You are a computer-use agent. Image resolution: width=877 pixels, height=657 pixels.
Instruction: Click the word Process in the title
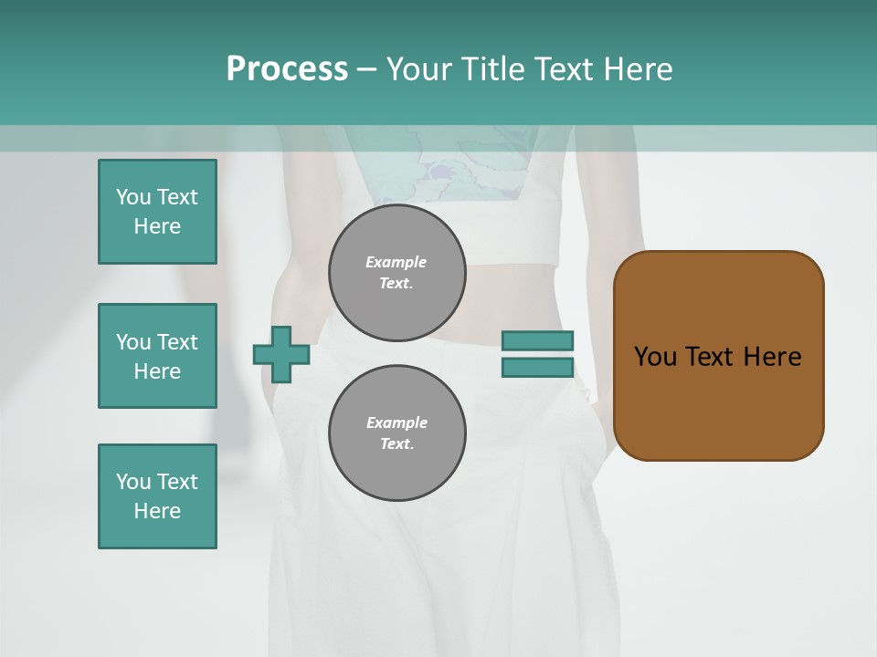coord(287,69)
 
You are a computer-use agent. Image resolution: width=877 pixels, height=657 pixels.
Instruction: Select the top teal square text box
coord(157,212)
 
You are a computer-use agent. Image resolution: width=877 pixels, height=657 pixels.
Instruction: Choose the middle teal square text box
coord(157,356)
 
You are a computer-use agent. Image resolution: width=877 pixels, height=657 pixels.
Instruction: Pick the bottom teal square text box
coord(157,496)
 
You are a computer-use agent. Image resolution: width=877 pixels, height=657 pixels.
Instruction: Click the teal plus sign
coord(281,354)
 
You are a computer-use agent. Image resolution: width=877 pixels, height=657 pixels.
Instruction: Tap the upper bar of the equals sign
coord(538,340)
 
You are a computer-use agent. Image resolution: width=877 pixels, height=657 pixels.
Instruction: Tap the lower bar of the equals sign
coord(538,367)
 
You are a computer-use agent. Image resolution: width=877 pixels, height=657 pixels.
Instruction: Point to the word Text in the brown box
coord(712,357)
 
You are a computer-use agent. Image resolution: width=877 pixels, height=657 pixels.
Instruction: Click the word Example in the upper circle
coord(396,262)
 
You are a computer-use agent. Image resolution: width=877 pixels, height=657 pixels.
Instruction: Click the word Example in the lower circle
coord(396,422)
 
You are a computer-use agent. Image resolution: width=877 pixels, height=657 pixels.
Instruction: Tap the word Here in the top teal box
coord(157,226)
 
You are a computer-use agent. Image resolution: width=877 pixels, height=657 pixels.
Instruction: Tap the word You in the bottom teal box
coord(133,482)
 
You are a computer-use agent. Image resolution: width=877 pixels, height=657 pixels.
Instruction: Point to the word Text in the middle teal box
coord(177,342)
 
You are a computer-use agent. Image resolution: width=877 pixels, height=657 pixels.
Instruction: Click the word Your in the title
coord(420,69)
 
